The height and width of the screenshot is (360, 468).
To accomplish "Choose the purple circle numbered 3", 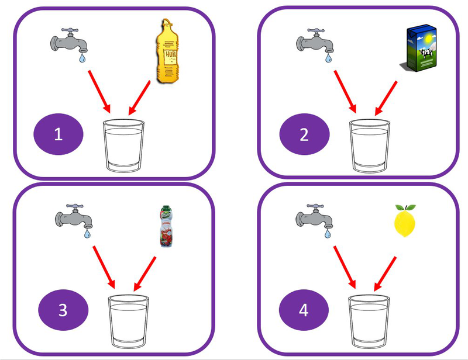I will click(63, 310).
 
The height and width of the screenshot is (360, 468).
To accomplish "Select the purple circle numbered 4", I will click(303, 310).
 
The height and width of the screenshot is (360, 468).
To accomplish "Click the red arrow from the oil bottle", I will click(140, 97).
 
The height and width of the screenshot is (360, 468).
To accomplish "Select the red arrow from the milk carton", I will click(386, 97).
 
